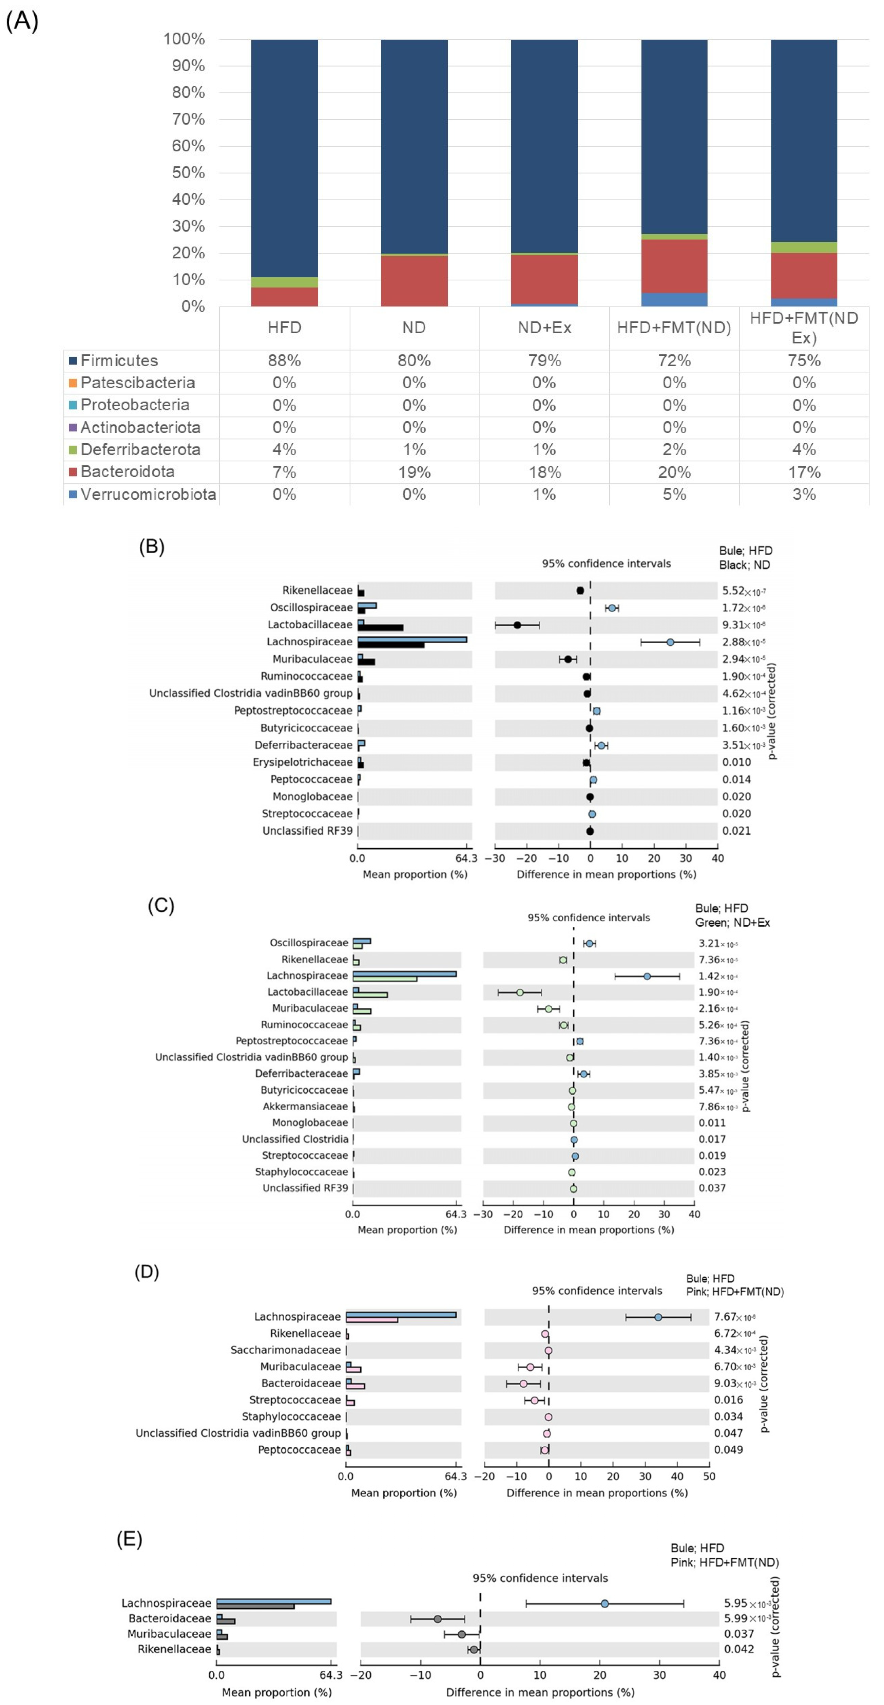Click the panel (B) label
pyautogui.click(x=152, y=547)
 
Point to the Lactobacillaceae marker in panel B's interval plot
pyautogui.click(x=517, y=625)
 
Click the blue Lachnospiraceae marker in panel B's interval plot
pyautogui.click(x=670, y=642)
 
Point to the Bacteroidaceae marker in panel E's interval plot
pyautogui.click(x=437, y=1619)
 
